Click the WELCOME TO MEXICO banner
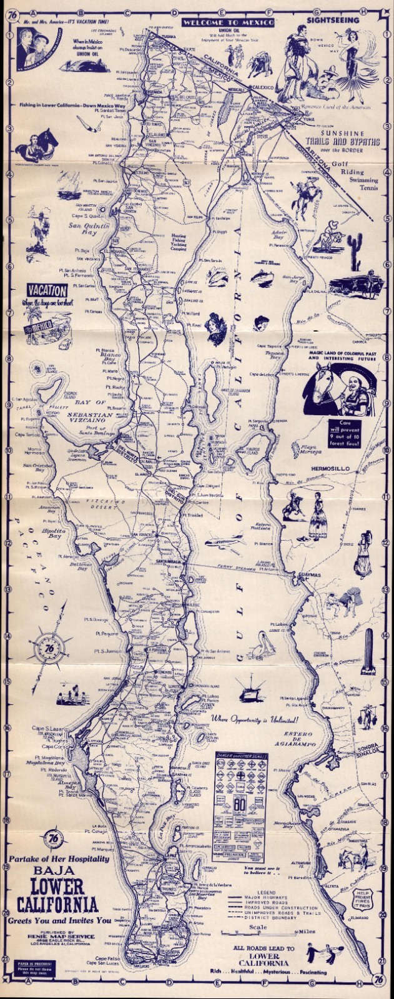pos(229,22)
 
